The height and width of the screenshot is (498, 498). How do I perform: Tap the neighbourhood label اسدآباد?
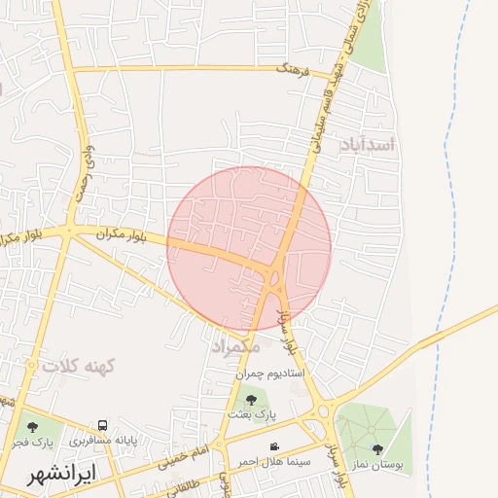[368, 145]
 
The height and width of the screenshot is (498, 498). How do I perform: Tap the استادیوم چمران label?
[271, 373]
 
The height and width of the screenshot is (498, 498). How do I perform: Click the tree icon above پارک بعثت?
[252, 399]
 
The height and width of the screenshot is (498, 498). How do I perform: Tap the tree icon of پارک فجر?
[32, 426]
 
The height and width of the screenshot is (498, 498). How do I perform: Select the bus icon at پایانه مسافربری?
[103, 426]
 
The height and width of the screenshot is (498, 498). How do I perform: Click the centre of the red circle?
[249, 248]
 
